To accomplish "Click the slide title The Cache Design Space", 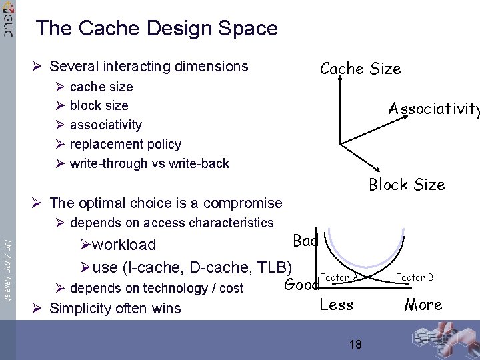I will click(157, 29).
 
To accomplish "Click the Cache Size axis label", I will click(360, 69).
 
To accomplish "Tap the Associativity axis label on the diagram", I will click(434, 109).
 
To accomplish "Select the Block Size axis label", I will click(407, 185).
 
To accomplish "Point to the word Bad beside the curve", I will click(305, 241).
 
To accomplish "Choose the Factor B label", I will click(414, 277).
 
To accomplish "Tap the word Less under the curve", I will click(337, 305).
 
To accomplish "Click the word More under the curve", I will click(423, 305).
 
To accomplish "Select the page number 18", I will click(355, 345).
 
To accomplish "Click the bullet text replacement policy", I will click(125, 144).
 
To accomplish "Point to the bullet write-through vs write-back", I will click(149, 163).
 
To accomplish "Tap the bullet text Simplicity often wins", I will click(115, 308).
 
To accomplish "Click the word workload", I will click(124, 245).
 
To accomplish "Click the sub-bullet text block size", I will click(99, 105).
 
